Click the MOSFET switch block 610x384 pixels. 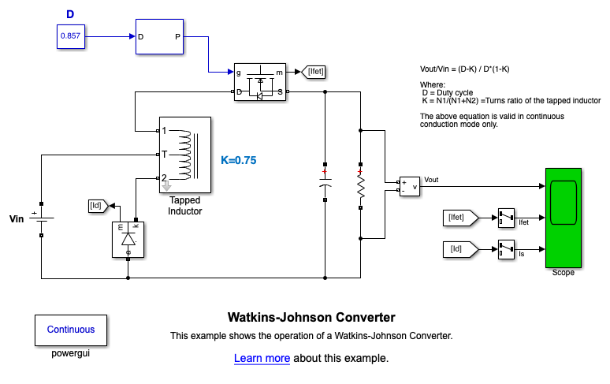[259, 82]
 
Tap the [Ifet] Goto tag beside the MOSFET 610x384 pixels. [314, 72]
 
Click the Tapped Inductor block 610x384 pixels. [185, 155]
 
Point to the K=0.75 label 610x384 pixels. [239, 160]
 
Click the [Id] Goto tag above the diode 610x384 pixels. [98, 207]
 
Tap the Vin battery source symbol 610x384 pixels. [41, 218]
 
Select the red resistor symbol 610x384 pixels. [361, 186]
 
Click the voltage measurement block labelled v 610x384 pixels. [409, 186]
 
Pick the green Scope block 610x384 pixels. [563, 218]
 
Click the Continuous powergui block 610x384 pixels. [71, 330]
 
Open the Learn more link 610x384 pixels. [262, 359]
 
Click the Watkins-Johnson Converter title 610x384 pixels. [311, 318]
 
